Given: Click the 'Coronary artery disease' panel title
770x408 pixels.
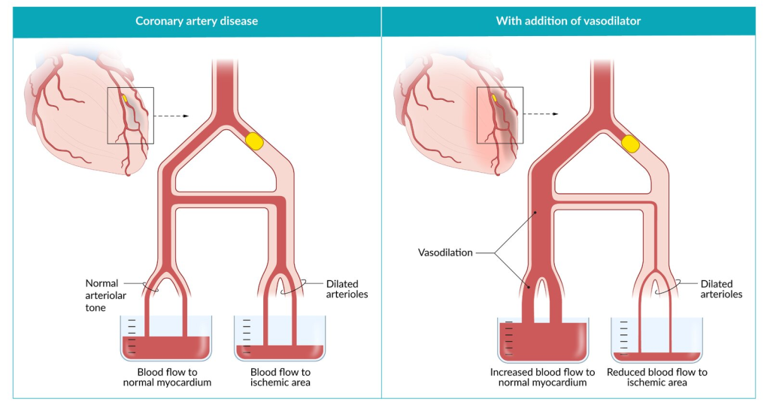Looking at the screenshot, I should point(196,21).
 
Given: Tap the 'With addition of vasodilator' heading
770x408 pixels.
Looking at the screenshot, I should point(568,21).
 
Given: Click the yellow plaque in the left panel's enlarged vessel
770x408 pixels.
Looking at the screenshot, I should point(256,141).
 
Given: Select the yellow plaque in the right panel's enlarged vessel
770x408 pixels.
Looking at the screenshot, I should point(630,141).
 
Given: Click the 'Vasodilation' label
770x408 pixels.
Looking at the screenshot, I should point(446,253).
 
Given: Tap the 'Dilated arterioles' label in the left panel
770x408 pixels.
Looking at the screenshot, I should point(347,289).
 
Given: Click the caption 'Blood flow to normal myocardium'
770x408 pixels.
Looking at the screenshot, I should point(166,377).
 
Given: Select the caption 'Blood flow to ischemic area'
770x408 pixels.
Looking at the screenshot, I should point(280,377).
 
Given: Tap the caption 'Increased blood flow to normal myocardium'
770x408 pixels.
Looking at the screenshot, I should point(542,377).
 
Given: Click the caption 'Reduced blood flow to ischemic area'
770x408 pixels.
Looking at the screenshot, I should point(657,377).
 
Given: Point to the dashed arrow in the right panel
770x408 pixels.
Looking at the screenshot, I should point(541,114).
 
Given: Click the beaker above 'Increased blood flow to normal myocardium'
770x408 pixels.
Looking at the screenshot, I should point(542,340).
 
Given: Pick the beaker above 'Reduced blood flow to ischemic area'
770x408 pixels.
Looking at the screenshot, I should point(657,340).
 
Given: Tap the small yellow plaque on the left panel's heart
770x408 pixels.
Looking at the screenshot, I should point(126,98).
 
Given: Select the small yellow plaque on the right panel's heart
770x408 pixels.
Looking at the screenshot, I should point(495,98).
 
